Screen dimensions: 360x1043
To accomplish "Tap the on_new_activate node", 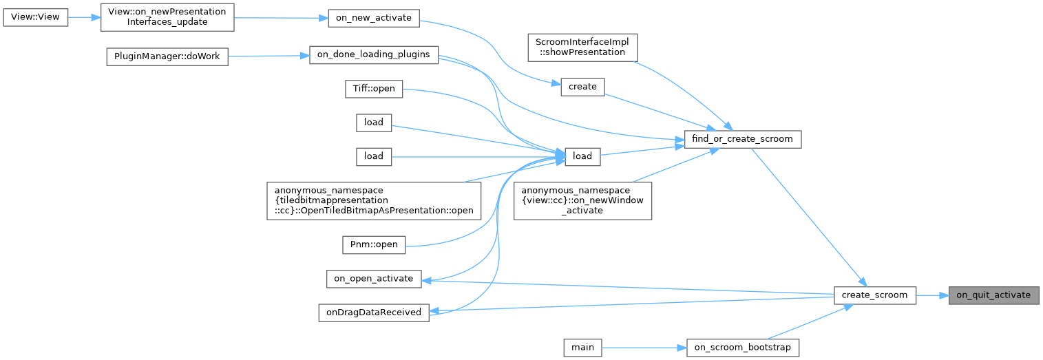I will coord(373,19).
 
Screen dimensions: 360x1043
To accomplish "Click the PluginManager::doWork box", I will coord(167,56).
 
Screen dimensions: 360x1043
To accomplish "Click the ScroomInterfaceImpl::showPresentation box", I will coord(582,47).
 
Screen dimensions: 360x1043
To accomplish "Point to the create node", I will coord(582,87).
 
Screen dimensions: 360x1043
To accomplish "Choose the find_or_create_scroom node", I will coord(743,139).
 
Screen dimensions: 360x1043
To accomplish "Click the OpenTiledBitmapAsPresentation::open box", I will coord(375,201).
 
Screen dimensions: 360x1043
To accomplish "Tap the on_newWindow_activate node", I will coord(582,201).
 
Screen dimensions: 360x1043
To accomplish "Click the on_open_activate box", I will coord(373,279).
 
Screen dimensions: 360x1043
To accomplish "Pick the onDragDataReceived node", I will coord(373,312).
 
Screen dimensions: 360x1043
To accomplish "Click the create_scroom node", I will coord(874,295).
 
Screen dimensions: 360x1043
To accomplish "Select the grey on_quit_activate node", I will coord(993,295).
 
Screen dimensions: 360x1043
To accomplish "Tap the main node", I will coord(582,348).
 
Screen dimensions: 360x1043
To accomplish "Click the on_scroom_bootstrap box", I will coord(743,348).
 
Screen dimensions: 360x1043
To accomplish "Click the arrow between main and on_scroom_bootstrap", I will coord(643,348).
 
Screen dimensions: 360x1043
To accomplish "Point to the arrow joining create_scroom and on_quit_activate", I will coord(932,295).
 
